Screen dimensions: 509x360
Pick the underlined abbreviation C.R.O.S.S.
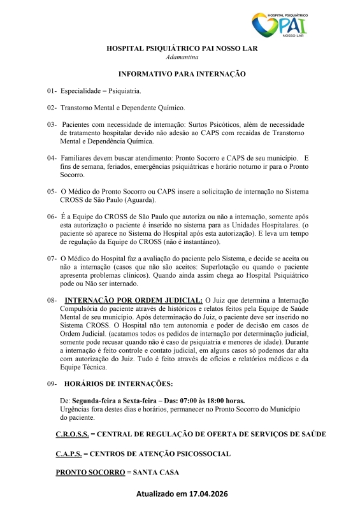72,434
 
